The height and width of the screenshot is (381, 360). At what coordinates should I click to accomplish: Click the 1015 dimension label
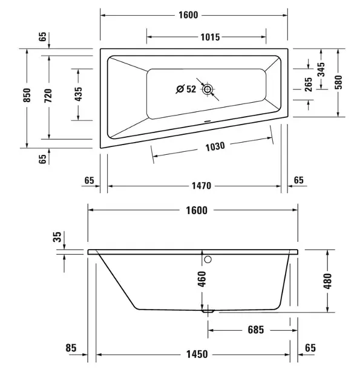point(210,37)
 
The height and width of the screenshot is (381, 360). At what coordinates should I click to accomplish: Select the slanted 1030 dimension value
point(215,147)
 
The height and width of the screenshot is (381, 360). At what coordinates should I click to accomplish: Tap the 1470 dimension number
point(201,186)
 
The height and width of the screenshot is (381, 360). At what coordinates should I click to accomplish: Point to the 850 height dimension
point(27,95)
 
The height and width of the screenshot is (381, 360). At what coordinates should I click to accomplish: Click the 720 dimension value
point(48,96)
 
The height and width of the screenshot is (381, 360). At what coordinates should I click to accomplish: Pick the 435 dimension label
point(78,94)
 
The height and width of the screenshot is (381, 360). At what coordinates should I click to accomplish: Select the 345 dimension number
point(321,70)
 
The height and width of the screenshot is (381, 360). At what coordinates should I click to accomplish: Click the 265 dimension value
point(308,84)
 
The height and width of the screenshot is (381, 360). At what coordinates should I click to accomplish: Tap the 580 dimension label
point(338,82)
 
